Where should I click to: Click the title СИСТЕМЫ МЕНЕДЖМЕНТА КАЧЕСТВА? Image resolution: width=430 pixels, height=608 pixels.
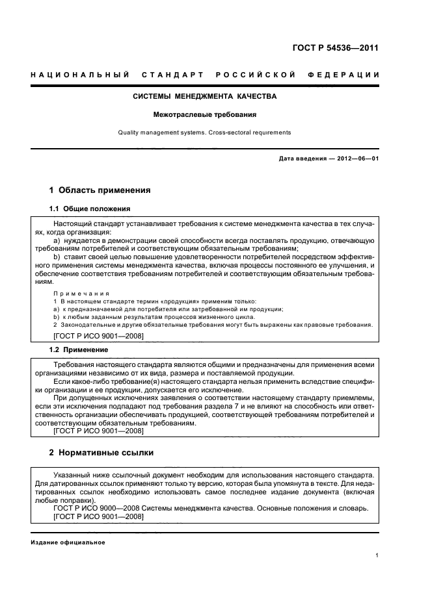(204, 97)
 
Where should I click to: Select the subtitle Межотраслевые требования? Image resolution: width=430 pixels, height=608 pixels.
(204, 115)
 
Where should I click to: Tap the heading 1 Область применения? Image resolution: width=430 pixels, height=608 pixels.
(100, 191)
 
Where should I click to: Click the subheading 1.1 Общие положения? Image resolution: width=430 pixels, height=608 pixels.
(90, 209)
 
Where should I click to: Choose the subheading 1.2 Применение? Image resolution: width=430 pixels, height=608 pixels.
(79, 349)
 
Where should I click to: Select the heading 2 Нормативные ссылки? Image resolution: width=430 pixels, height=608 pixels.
(101, 452)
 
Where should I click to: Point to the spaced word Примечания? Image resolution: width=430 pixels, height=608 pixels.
(81, 294)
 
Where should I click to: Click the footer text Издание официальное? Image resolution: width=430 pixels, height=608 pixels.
(68, 542)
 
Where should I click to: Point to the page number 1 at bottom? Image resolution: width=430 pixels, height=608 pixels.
(377, 555)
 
